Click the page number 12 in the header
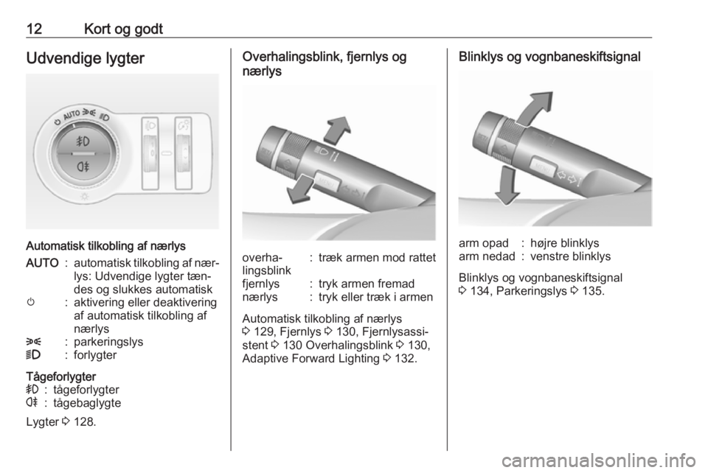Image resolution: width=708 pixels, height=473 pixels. point(35,29)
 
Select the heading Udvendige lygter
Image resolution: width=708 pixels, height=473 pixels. point(86,59)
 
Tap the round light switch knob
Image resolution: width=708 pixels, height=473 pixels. point(83,154)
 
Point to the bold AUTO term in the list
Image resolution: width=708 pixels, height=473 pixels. point(43,263)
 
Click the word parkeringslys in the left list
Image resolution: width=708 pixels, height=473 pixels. point(108,342)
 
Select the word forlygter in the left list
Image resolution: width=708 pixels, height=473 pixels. point(95,355)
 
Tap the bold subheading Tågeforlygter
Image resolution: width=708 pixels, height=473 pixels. point(61,376)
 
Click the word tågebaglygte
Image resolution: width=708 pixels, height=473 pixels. point(87,403)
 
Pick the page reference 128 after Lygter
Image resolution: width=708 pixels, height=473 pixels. point(84,422)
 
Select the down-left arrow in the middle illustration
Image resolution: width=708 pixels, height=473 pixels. point(300,189)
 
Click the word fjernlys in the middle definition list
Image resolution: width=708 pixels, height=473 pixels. point(261,284)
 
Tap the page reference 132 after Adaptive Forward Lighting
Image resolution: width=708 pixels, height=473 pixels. point(405,359)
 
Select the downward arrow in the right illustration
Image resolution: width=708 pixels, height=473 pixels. point(507,186)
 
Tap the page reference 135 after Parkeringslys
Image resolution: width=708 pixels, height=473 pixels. point(591,291)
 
